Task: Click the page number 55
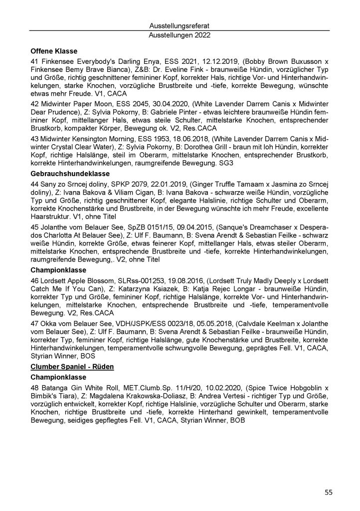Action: (329, 492)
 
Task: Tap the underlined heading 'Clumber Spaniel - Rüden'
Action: (72, 366)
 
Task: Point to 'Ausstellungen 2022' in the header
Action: (179, 35)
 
